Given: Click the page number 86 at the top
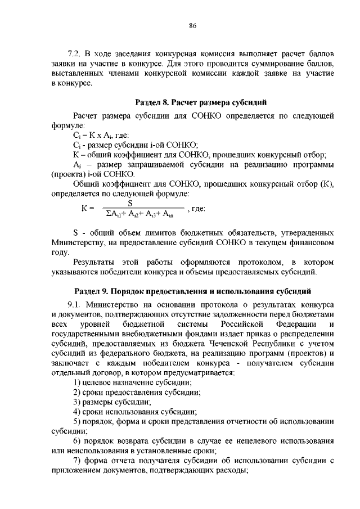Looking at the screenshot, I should (192, 26).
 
